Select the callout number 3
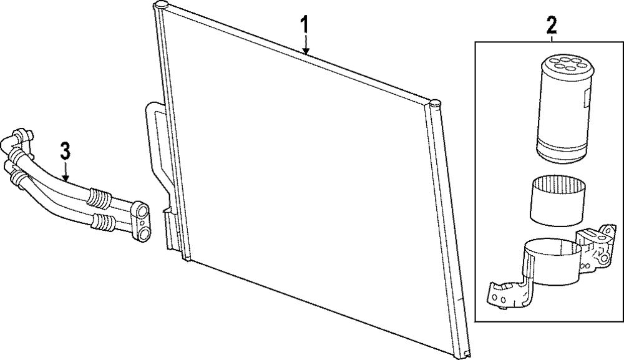[x=65, y=150]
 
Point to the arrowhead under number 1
[x=305, y=52]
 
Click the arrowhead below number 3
[x=65, y=179]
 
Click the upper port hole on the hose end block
[x=143, y=208]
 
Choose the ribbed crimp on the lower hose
[x=102, y=221]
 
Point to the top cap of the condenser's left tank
[x=160, y=6]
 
